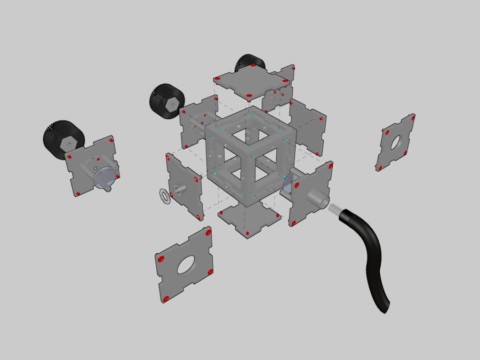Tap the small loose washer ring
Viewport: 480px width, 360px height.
pyautogui.click(x=165, y=196)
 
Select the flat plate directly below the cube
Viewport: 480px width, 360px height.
pyautogui.click(x=250, y=219)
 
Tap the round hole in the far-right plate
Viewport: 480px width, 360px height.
pyautogui.click(x=395, y=142)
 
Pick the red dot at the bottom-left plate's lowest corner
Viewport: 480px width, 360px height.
pyautogui.click(x=166, y=299)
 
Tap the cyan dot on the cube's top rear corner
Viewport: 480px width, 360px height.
pyautogui.click(x=252, y=114)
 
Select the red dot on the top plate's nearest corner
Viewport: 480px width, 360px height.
pyautogui.click(x=250, y=96)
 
